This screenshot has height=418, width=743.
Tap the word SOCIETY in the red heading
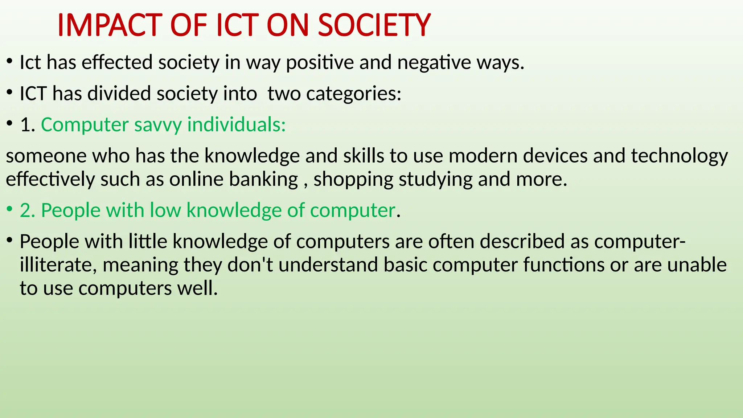374,25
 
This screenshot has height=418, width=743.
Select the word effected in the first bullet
117,62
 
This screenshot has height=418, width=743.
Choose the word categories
353,94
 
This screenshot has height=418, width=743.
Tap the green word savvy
158,125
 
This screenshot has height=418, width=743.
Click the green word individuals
236,125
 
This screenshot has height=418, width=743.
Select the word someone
46,156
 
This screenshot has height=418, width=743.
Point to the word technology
679,156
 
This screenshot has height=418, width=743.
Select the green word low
165,210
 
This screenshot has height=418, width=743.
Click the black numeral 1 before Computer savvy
25,125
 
